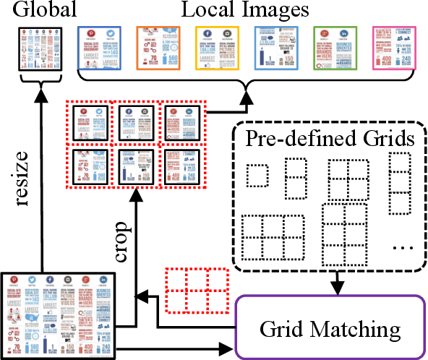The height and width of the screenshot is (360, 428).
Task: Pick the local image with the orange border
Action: coord(158,48)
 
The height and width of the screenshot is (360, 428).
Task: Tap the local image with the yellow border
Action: coord(217,48)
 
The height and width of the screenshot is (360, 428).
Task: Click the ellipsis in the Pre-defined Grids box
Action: coord(402,247)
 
